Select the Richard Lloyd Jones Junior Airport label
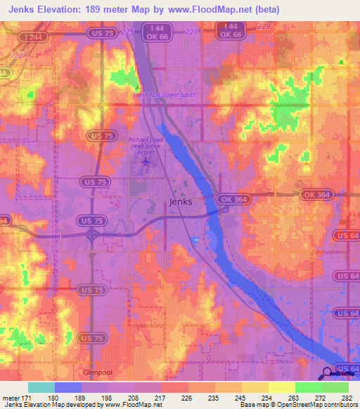147,146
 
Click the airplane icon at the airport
146,163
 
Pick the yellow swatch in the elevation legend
281,387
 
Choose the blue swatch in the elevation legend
68,387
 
